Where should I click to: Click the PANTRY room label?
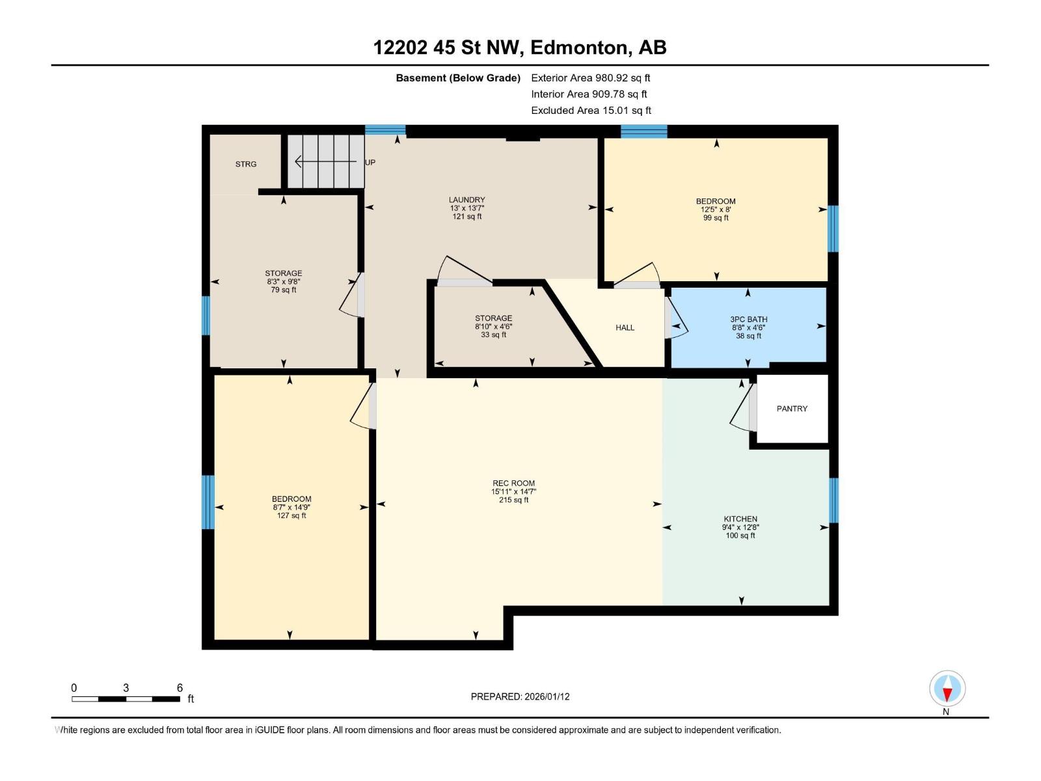[x=792, y=409]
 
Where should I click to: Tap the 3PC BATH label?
[x=748, y=320]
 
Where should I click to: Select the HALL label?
[x=625, y=327]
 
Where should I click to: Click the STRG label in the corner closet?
[x=246, y=164]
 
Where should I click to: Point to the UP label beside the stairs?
[x=370, y=162]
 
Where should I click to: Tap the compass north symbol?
[x=947, y=689]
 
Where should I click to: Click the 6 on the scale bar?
[x=180, y=688]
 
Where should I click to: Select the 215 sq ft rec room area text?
[x=513, y=500]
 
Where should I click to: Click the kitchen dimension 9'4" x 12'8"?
[x=740, y=527]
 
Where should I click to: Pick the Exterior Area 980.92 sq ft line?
[x=590, y=77]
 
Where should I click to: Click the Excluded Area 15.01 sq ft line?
[x=591, y=111]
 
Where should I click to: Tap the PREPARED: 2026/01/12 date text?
[x=520, y=696]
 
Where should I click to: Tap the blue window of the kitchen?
[x=833, y=500]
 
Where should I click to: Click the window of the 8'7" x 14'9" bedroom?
[x=208, y=502]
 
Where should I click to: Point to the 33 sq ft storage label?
[x=493, y=335]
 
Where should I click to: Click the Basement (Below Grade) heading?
[x=458, y=78]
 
